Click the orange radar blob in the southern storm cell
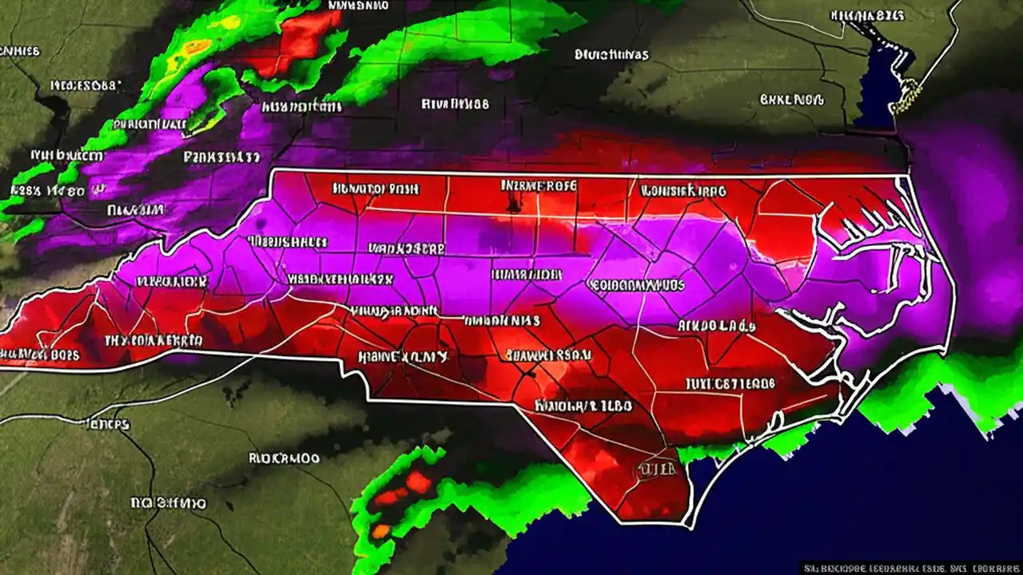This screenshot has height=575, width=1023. pyautogui.click(x=381, y=530)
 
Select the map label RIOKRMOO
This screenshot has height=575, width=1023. pyautogui.click(x=284, y=458)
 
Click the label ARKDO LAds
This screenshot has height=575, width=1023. pyautogui.click(x=717, y=325)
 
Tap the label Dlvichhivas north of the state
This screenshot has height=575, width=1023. pyautogui.click(x=611, y=55)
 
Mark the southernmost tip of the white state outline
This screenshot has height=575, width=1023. pyautogui.click(x=687, y=525)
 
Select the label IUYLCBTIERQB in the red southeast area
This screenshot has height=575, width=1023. pyautogui.click(x=730, y=383)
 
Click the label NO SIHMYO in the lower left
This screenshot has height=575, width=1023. pyautogui.click(x=168, y=503)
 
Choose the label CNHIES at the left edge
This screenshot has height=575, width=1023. pyautogui.click(x=20, y=51)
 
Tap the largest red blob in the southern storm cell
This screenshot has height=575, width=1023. pyautogui.click(x=418, y=482)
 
